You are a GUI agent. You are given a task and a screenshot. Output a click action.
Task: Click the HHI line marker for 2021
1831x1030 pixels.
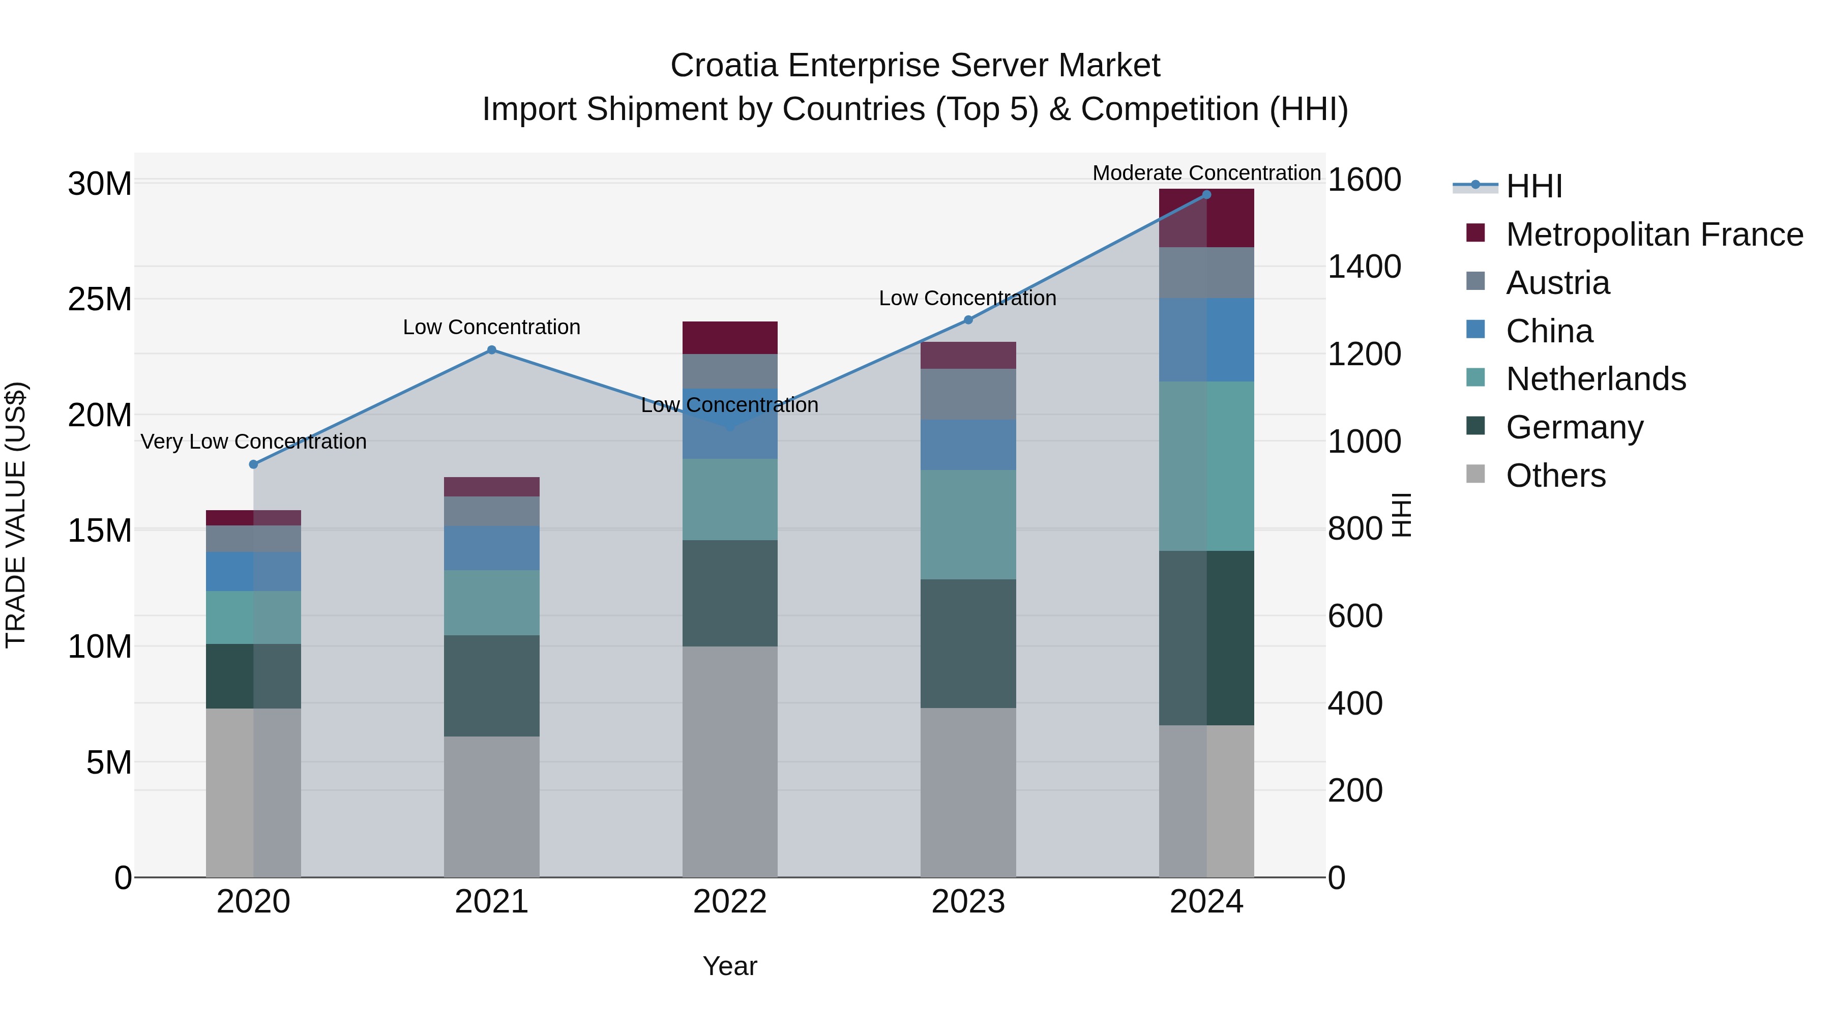click(491, 350)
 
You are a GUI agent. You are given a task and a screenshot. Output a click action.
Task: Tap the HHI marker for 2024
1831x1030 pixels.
click(1206, 195)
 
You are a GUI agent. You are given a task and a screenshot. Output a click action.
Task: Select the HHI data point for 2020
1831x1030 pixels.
click(254, 464)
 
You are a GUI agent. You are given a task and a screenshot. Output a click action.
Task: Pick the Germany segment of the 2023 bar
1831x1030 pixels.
click(968, 643)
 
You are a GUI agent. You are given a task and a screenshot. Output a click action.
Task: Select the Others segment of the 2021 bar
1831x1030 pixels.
click(491, 806)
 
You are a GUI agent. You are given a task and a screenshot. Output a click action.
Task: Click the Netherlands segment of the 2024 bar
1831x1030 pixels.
click(1206, 465)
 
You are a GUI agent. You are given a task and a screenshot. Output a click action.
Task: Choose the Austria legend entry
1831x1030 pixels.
click(1557, 283)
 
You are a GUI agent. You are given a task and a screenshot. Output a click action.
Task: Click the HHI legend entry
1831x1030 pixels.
click(1533, 186)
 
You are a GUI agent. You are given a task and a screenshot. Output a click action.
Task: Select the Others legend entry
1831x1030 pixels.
click(1555, 476)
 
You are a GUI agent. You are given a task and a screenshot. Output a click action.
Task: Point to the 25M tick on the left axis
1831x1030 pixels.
click(100, 299)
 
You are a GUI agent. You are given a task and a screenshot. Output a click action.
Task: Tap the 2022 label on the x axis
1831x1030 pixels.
click(730, 902)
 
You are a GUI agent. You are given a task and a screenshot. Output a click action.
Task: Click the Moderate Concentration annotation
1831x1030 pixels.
click(1206, 173)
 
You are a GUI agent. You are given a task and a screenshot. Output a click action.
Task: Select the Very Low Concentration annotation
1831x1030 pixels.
click(254, 442)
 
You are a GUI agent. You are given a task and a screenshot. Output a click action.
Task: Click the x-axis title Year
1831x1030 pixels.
click(730, 966)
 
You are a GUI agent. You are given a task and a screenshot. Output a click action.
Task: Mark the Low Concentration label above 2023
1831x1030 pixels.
click(967, 298)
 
